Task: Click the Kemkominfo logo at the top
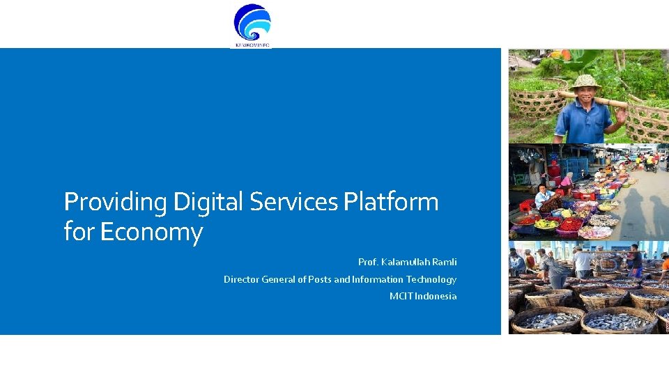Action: click(252, 24)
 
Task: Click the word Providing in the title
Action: click(116, 202)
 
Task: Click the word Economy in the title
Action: click(151, 232)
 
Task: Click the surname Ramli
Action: click(445, 262)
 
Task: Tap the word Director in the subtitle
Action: click(241, 279)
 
